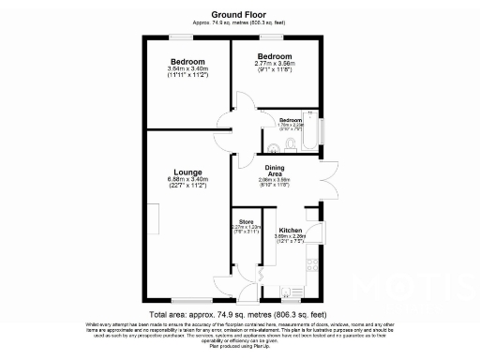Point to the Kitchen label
(x=289, y=229)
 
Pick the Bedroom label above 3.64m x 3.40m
(x=187, y=61)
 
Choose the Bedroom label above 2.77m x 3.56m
(x=275, y=57)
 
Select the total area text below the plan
(x=239, y=316)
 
